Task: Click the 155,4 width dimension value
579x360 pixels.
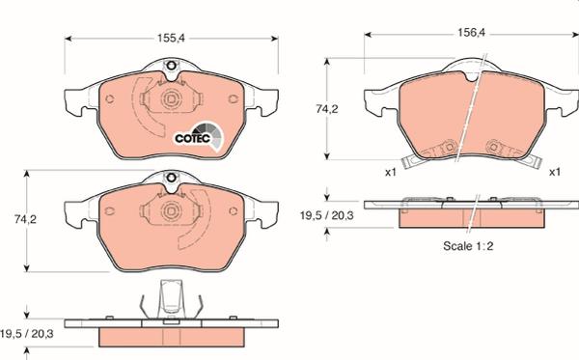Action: [171, 38]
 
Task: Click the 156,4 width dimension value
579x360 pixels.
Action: [472, 33]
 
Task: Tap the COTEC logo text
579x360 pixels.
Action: [193, 138]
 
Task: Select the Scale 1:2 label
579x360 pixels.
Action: [468, 246]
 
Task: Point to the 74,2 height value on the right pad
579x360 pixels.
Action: [327, 109]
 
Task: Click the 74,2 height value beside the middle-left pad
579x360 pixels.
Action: [25, 219]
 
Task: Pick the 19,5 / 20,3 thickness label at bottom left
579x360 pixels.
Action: [27, 334]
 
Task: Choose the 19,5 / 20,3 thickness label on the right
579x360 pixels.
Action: [327, 215]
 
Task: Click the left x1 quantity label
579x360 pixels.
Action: [391, 172]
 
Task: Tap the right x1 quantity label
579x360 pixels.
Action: [555, 172]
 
